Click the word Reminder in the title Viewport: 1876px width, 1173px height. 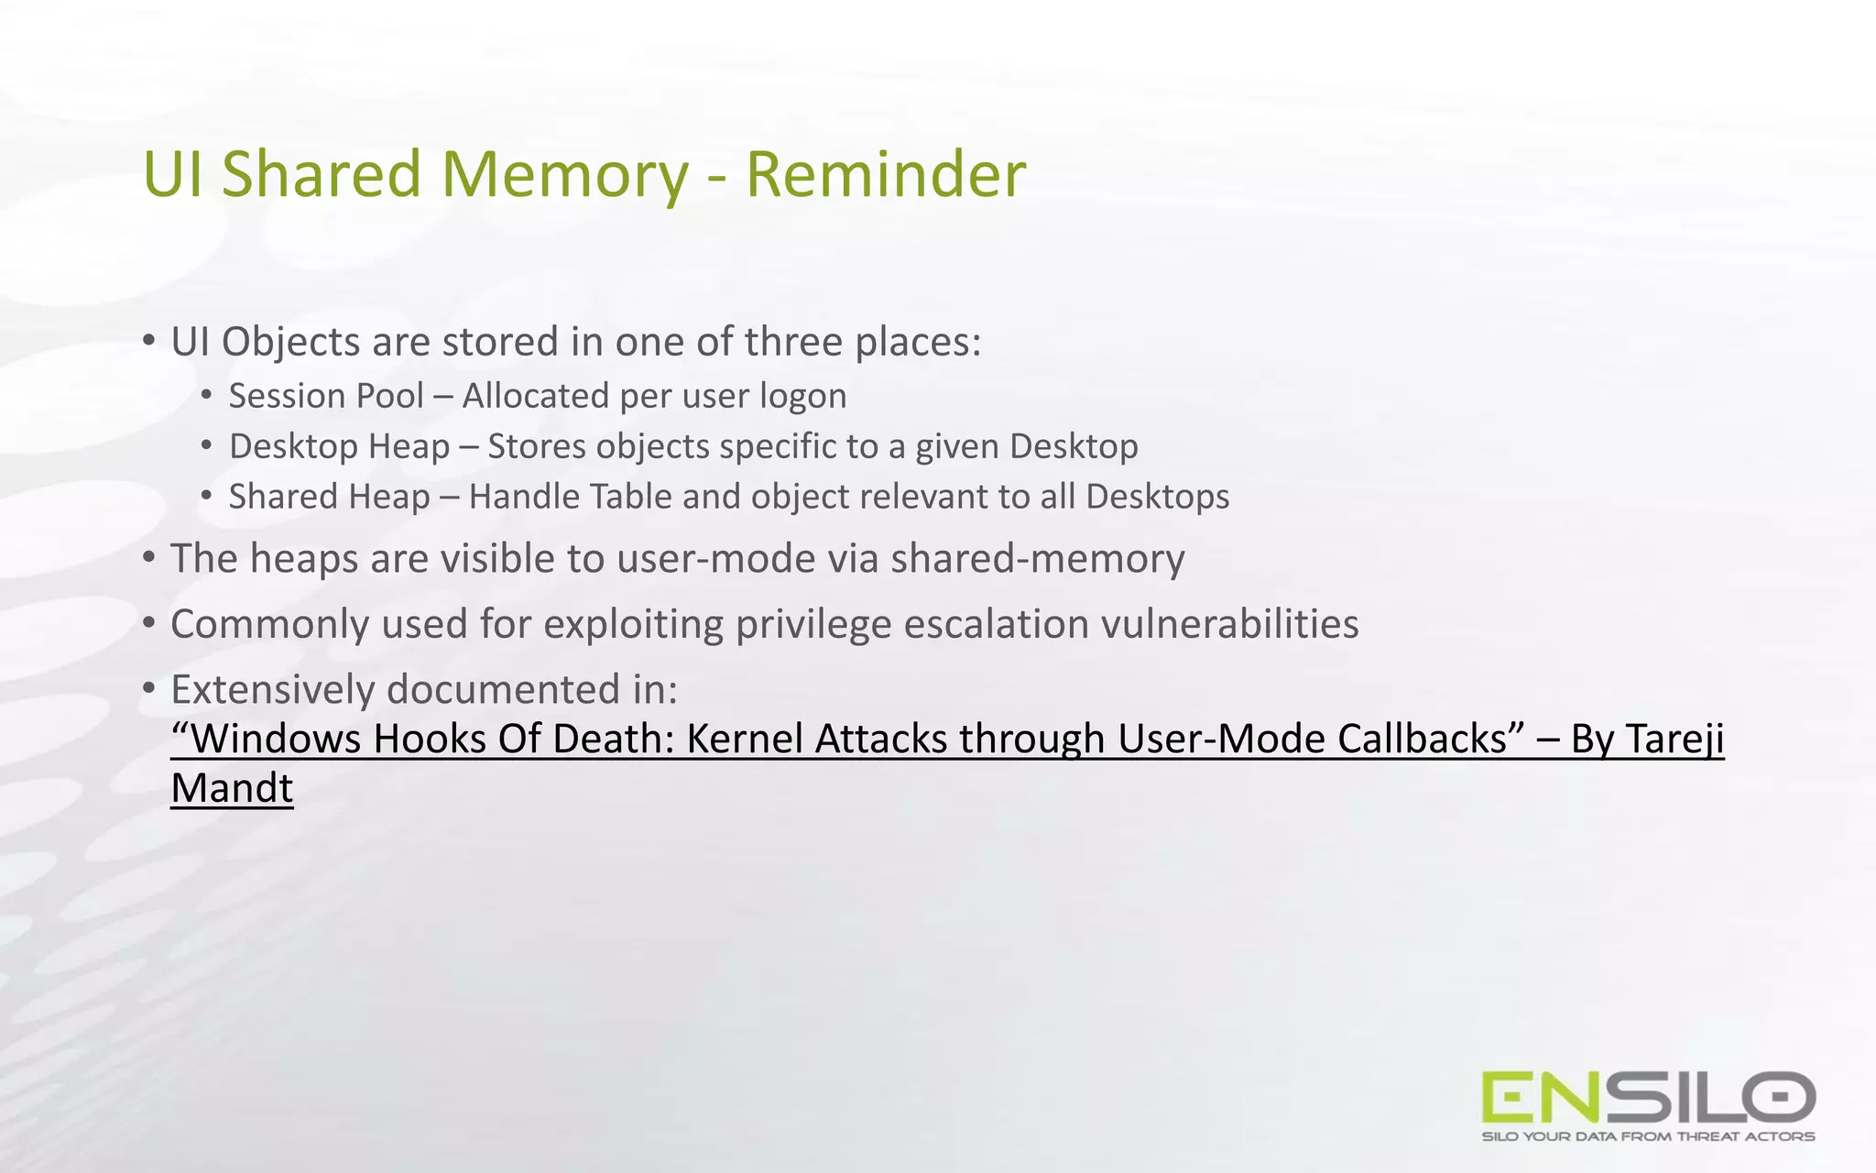885,174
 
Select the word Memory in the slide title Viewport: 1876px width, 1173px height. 564,174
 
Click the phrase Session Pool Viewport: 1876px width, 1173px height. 326,396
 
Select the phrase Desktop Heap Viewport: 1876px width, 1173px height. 339,446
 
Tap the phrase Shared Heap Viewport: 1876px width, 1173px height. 329,497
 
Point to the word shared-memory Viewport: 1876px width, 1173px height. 1037,559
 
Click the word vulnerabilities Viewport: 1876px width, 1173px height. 1229,624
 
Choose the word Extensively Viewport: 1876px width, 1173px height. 273,689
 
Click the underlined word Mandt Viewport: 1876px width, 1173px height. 232,788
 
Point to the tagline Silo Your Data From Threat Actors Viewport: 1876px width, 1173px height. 1648,1136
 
